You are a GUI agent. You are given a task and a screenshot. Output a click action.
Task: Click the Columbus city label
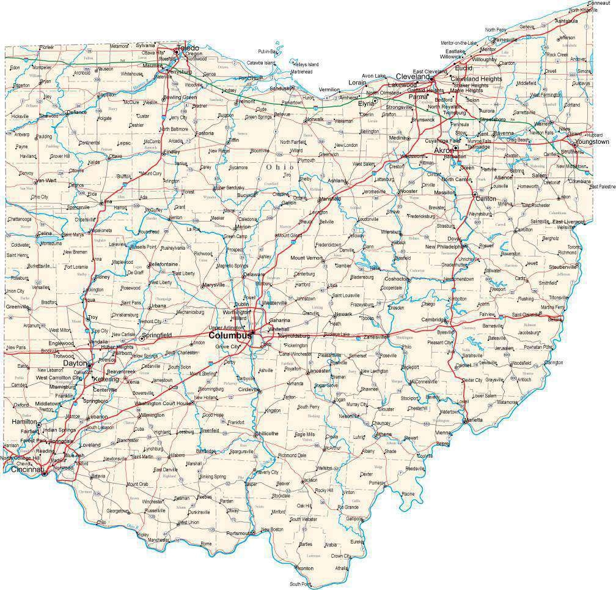pyautogui.click(x=229, y=336)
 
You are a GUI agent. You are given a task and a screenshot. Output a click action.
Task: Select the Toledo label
pyautogui.click(x=188, y=47)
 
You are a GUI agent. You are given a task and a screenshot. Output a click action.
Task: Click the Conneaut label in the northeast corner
pyautogui.click(x=597, y=3)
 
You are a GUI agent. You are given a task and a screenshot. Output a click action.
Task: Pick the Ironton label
pyautogui.click(x=304, y=569)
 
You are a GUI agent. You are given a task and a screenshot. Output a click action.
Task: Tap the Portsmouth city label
pyautogui.click(x=239, y=534)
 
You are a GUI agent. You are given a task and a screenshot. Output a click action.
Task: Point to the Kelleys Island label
pyautogui.click(x=306, y=64)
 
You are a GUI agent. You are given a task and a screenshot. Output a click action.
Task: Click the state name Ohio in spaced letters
pyautogui.click(x=279, y=166)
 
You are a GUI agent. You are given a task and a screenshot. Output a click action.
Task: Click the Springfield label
pyautogui.click(x=158, y=335)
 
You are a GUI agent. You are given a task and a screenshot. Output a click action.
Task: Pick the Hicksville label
pyautogui.click(x=20, y=116)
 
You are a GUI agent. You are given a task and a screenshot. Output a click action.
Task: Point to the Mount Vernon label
pyautogui.click(x=306, y=258)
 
